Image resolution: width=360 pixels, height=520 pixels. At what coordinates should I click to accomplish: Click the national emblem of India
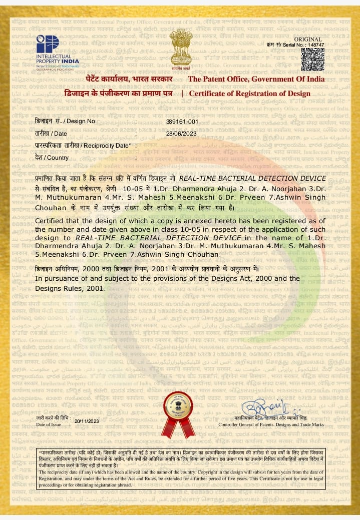coord(180,48)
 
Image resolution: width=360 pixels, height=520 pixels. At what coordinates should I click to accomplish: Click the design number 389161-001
coord(182,122)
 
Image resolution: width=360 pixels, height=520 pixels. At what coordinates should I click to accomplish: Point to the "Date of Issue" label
coord(49,424)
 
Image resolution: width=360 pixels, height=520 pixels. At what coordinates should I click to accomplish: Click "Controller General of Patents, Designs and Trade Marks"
coord(271,424)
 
